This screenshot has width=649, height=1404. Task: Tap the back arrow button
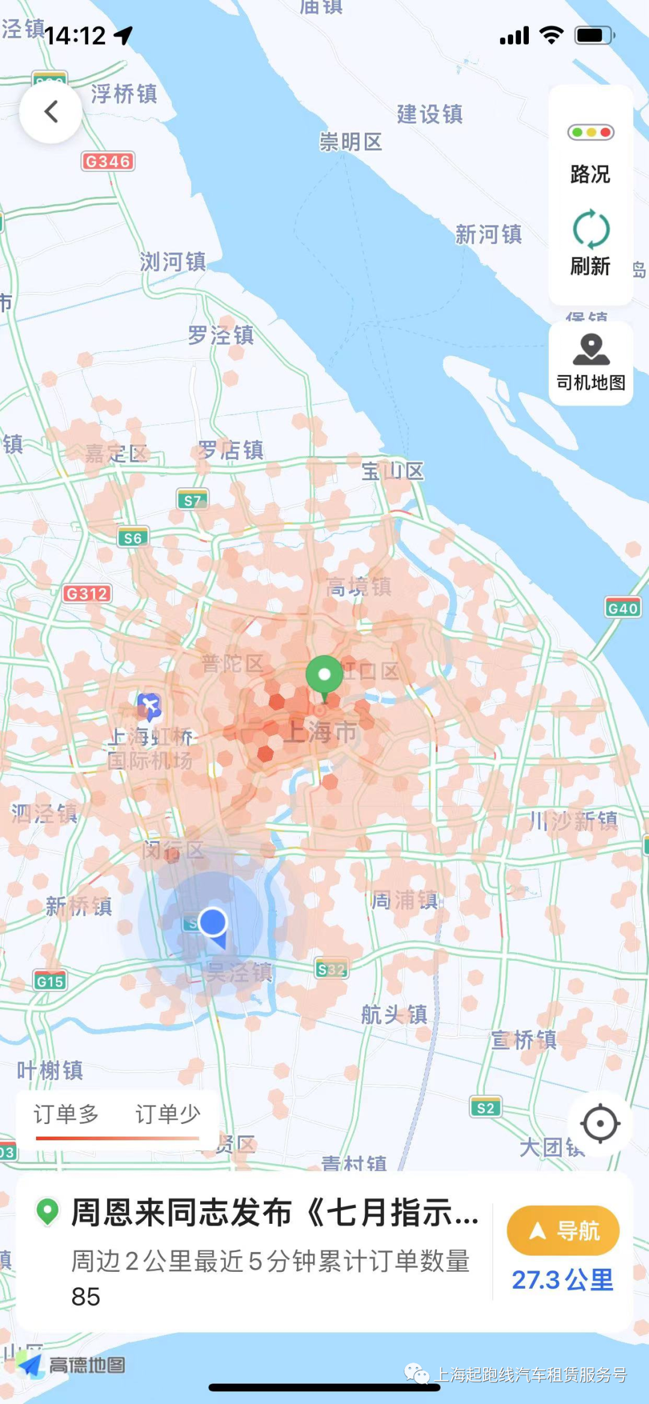tap(51, 112)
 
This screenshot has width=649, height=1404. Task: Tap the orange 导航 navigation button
tap(563, 1230)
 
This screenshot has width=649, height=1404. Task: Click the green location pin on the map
tap(324, 675)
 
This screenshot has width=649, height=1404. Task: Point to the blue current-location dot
tap(213, 922)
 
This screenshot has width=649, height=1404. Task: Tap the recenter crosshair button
tap(600, 1123)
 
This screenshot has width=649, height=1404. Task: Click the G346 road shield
tap(108, 161)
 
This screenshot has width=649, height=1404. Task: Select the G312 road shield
tap(87, 594)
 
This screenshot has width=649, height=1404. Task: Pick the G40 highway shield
tap(622, 608)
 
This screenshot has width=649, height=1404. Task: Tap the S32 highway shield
tap(332, 969)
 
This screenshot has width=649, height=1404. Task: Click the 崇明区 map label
tap(350, 142)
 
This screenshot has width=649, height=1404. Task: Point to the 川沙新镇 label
tap(573, 821)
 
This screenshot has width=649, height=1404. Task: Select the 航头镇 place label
tap(394, 1015)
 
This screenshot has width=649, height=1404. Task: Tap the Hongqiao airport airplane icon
tap(149, 705)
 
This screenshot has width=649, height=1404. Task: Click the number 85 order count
tap(86, 1296)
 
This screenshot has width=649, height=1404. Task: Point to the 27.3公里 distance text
tap(562, 1280)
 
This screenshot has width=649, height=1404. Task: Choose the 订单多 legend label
tap(66, 1114)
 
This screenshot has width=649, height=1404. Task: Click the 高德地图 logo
tap(72, 1365)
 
